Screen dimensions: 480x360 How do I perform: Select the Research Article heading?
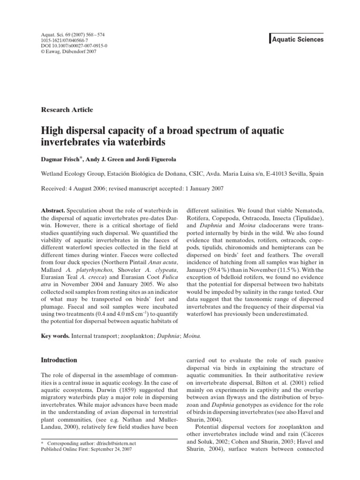coord(67,110)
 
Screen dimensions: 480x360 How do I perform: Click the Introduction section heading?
coord(59,360)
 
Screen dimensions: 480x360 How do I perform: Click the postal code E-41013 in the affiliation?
coord(278,173)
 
